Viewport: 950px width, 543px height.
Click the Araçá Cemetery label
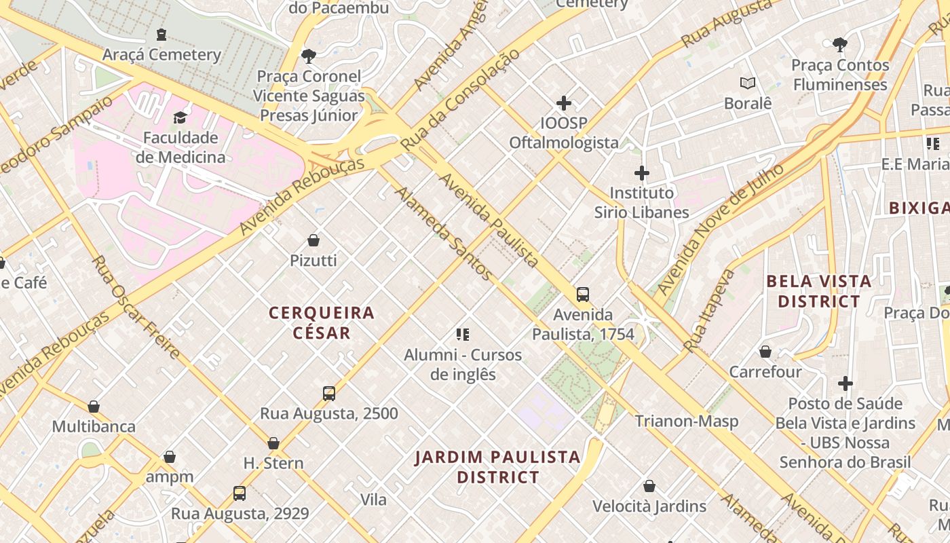coord(161,55)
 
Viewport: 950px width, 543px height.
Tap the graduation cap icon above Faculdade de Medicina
coord(180,117)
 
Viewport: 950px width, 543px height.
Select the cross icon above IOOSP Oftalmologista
coord(563,103)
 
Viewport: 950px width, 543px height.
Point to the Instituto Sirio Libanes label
coord(641,202)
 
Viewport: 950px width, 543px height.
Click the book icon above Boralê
coord(748,83)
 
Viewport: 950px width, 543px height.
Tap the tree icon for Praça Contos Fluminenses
coord(840,45)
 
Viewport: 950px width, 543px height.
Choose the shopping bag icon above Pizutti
coord(313,240)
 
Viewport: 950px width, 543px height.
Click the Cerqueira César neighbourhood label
coord(322,322)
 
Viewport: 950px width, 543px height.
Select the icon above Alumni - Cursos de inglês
coord(463,334)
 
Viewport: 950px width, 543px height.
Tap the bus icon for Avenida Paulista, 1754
coord(583,295)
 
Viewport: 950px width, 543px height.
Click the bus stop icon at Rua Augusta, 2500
coord(329,394)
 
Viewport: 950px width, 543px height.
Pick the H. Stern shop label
coord(273,464)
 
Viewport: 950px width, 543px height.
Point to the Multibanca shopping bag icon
coord(94,407)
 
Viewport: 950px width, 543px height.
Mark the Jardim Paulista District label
coord(498,467)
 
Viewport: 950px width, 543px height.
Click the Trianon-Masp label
coord(686,422)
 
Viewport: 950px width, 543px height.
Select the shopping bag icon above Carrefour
coord(765,352)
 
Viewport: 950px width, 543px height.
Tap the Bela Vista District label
coord(818,291)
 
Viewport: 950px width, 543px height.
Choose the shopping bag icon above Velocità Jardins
coord(649,487)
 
